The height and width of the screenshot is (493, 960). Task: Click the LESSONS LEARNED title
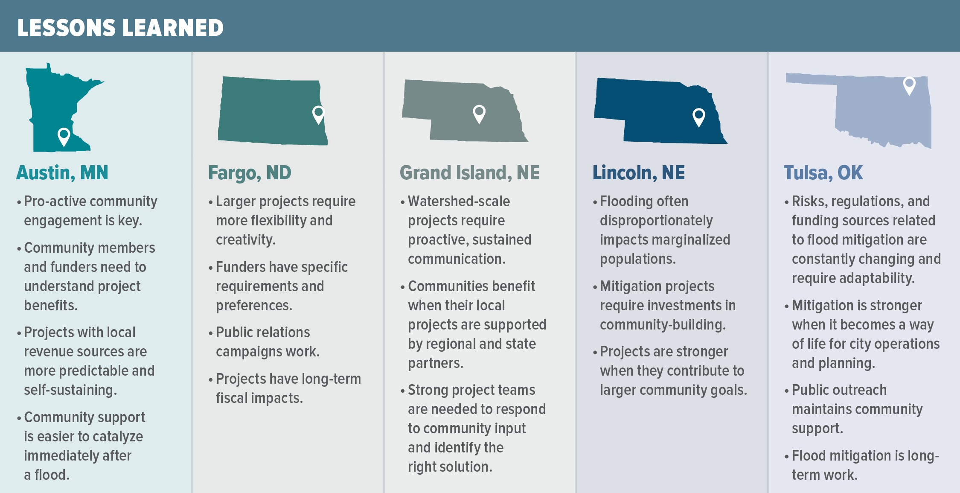pyautogui.click(x=120, y=28)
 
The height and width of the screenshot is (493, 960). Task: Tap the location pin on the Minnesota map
pyautogui.click(x=64, y=136)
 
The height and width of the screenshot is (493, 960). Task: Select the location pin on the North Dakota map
pyautogui.click(x=318, y=114)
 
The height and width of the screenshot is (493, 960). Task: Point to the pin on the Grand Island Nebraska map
pyautogui.click(x=479, y=113)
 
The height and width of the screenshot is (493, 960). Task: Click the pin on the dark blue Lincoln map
pyautogui.click(x=698, y=117)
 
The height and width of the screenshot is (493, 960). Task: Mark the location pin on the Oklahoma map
pyautogui.click(x=909, y=85)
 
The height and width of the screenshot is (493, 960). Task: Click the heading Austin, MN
pyautogui.click(x=62, y=173)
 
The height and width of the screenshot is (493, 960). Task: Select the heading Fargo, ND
pyautogui.click(x=250, y=173)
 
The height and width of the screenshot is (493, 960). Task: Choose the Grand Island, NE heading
pyautogui.click(x=470, y=173)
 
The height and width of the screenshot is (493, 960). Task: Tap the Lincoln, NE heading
pyautogui.click(x=639, y=173)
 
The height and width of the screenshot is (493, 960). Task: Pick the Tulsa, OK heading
pyautogui.click(x=823, y=173)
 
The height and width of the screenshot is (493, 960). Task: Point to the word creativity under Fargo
pyautogui.click(x=245, y=240)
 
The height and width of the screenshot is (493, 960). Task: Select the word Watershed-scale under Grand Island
pyautogui.click(x=459, y=201)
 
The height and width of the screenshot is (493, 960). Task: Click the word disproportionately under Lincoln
pyautogui.click(x=656, y=221)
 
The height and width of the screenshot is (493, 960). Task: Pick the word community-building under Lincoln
pyautogui.click(x=662, y=325)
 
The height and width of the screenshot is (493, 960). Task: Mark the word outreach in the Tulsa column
pyautogui.click(x=859, y=390)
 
